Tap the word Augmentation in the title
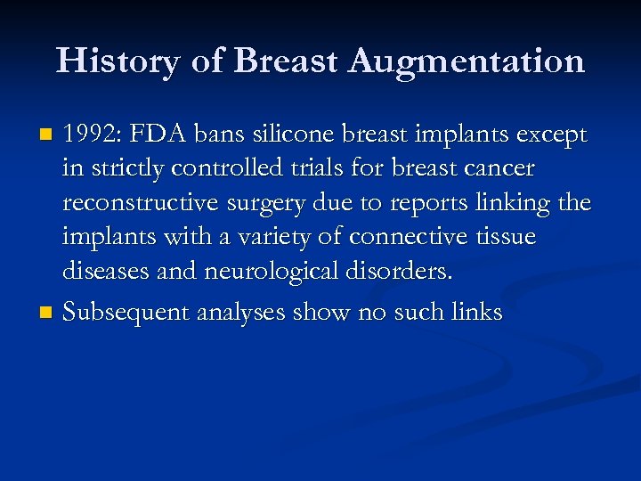click(467, 61)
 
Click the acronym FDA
click(162, 135)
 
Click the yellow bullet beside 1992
click(46, 136)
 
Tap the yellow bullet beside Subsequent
click(46, 314)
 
